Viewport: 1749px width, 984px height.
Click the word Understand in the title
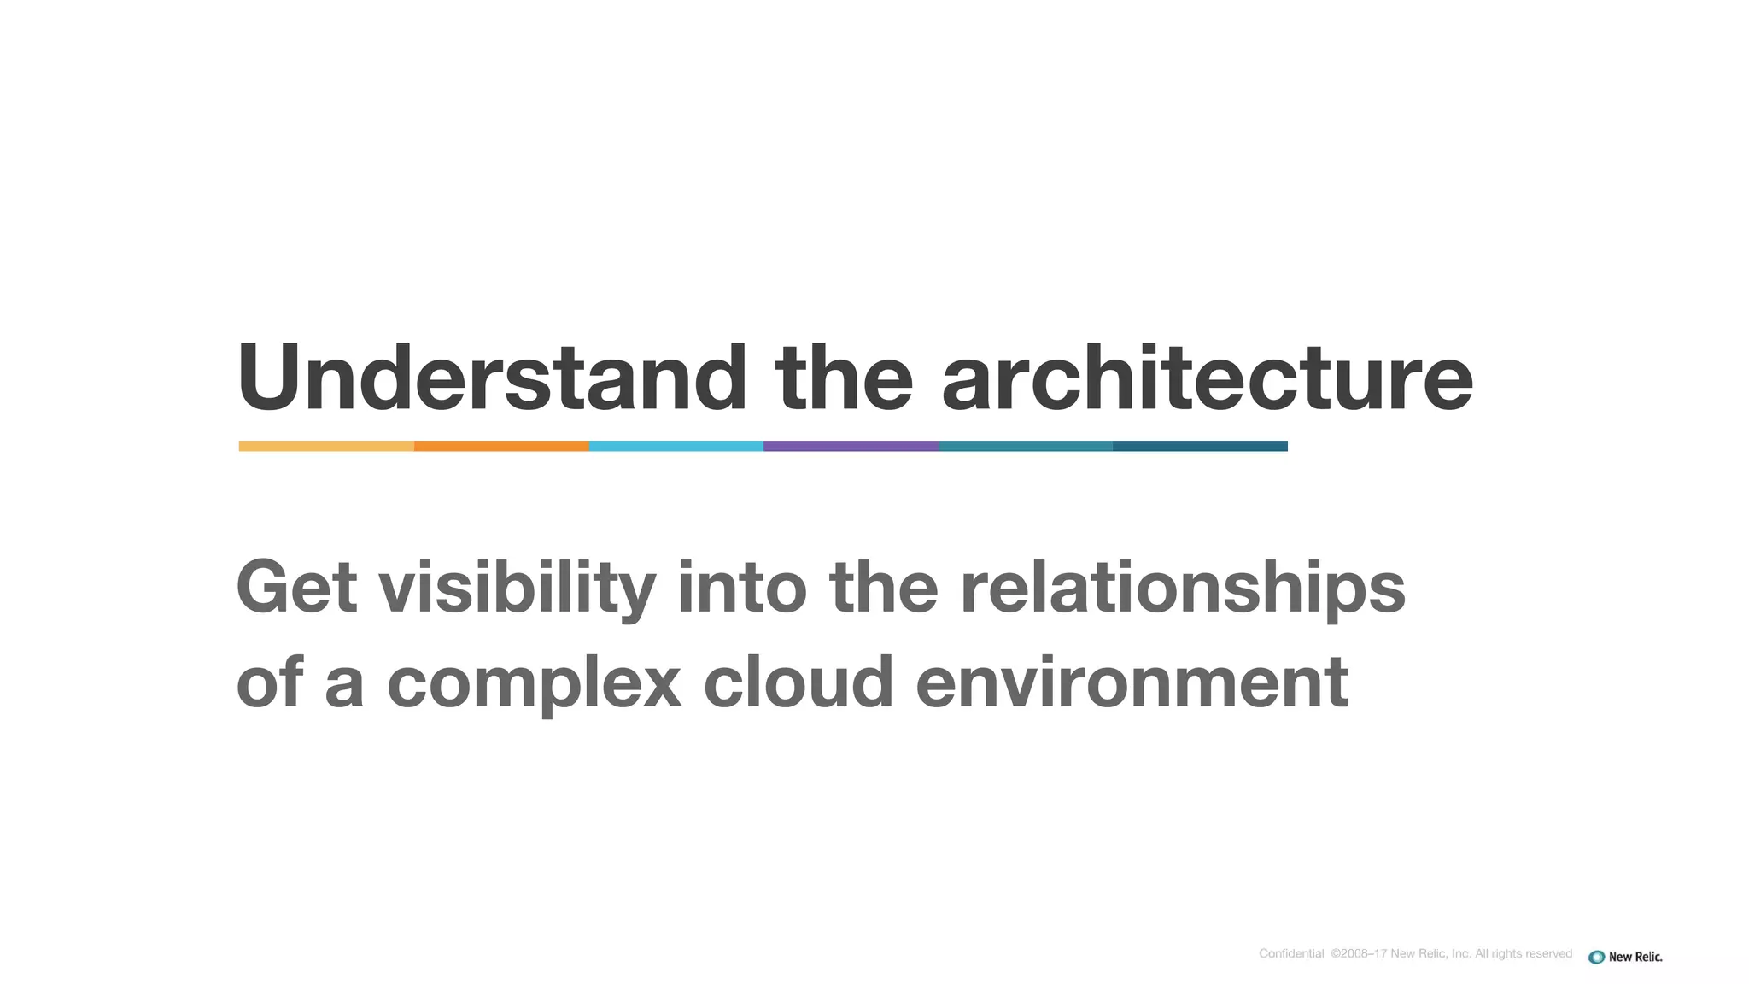point(491,378)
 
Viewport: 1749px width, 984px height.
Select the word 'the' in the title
point(844,378)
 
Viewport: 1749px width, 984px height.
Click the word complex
point(535,682)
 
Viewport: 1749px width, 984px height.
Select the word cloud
point(798,682)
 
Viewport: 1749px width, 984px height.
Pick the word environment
point(1132,682)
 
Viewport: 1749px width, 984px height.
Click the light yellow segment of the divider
point(326,446)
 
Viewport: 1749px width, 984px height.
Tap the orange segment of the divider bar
point(501,446)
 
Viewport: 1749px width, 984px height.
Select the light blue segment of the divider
point(676,446)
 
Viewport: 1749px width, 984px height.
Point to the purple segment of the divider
point(851,446)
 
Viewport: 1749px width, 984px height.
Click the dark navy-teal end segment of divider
point(1200,446)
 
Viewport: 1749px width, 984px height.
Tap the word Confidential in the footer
point(1290,954)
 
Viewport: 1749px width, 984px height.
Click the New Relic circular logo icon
point(1596,957)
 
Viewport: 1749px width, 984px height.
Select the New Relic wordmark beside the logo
point(1635,957)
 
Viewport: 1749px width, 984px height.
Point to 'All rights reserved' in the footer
point(1524,954)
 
